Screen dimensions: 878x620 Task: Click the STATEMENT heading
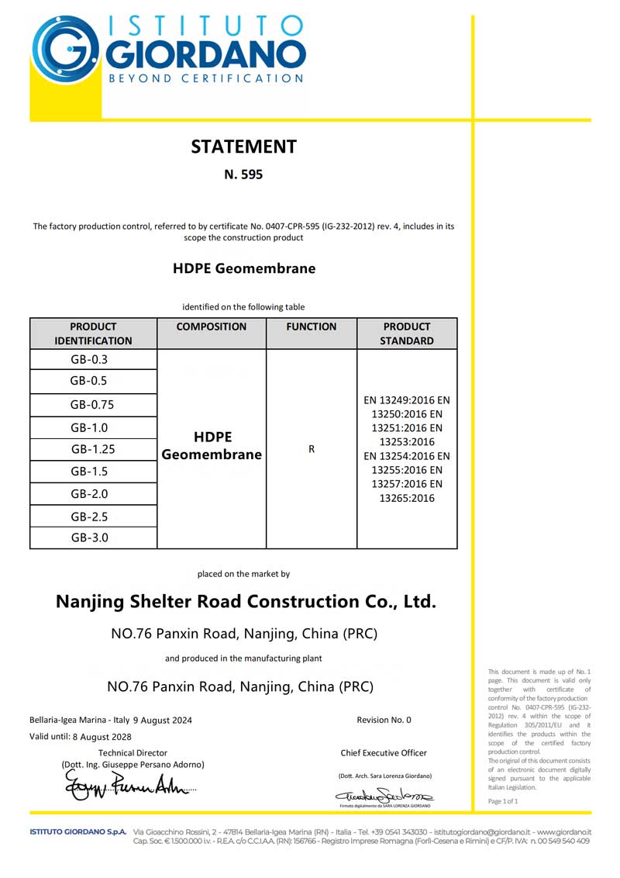point(243,146)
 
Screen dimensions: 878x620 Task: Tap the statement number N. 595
point(243,175)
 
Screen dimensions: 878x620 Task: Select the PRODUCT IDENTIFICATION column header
point(93,334)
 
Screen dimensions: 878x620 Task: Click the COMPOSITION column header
point(211,327)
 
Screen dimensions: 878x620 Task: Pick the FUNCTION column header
point(311,327)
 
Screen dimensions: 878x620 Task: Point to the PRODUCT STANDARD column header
point(406,334)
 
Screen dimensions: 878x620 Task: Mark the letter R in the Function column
point(311,449)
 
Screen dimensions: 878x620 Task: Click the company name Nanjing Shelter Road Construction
point(246,601)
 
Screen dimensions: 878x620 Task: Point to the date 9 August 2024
point(162,720)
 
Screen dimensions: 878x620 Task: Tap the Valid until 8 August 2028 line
point(80,737)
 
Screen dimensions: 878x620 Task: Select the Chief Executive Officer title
point(384,752)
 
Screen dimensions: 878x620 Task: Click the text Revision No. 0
point(384,720)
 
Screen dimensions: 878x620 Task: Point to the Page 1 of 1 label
point(503,800)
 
